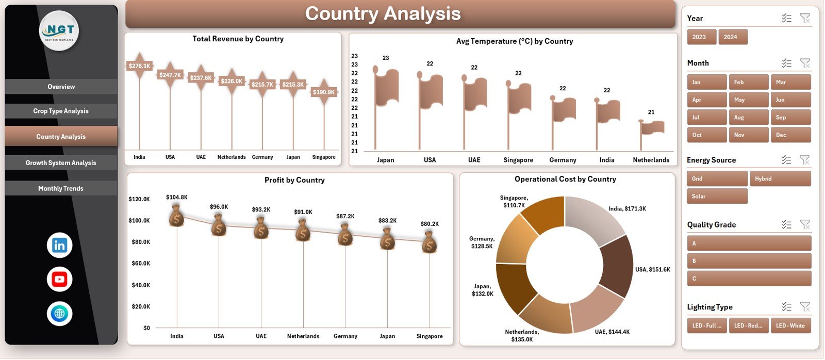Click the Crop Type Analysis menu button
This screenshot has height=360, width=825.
pyautogui.click(x=61, y=111)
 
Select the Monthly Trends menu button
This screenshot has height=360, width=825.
pyautogui.click(x=61, y=188)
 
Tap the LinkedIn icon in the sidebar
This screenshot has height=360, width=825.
pyautogui.click(x=59, y=246)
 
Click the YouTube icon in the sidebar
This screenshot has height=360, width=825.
pyautogui.click(x=59, y=280)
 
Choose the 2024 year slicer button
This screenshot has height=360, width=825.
pyautogui.click(x=732, y=37)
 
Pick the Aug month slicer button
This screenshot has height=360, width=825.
pyautogui.click(x=748, y=118)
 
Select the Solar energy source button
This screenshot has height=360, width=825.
pyautogui.click(x=717, y=197)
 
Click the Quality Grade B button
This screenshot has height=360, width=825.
pyautogui.click(x=749, y=261)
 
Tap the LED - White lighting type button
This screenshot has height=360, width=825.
pyautogui.click(x=790, y=326)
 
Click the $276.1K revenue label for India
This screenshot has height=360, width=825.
pyautogui.click(x=139, y=66)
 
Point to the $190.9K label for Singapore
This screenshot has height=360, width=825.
pyautogui.click(x=324, y=92)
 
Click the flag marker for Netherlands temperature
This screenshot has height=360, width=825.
pyautogui.click(x=653, y=127)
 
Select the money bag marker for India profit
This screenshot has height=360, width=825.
pyautogui.click(x=177, y=216)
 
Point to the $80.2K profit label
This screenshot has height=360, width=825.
pyautogui.click(x=430, y=224)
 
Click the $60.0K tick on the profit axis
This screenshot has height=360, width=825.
pyautogui.click(x=139, y=264)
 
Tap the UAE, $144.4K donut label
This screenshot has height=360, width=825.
pyautogui.click(x=612, y=332)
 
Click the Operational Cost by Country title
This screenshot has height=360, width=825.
pyautogui.click(x=565, y=179)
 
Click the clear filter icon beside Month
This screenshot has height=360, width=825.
pyautogui.click(x=804, y=63)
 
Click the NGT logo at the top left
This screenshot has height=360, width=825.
pyautogui.click(x=59, y=31)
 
